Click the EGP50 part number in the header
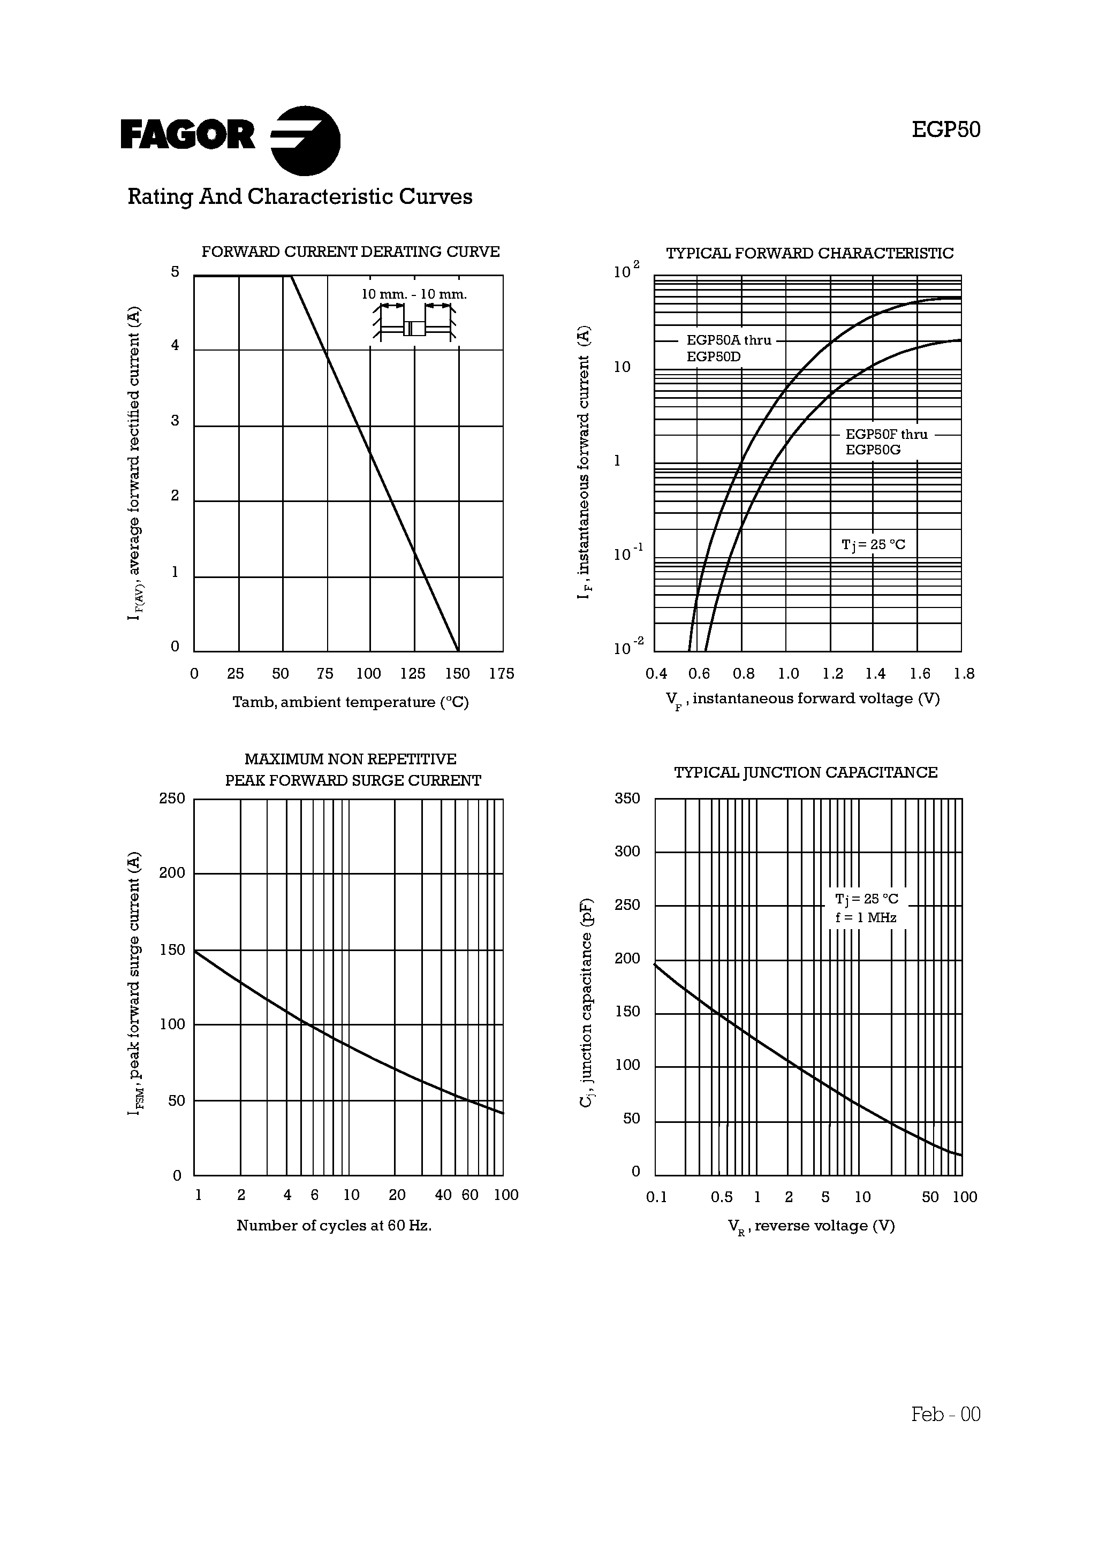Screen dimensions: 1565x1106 coord(946,130)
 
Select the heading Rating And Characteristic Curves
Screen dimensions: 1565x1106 coord(300,197)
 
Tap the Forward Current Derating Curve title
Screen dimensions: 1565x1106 coord(351,252)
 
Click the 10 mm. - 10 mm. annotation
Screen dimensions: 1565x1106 coord(414,294)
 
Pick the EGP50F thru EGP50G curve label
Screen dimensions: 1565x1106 coord(887,442)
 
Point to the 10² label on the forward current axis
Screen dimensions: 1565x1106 coord(626,271)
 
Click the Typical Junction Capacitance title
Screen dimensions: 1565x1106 coord(806,772)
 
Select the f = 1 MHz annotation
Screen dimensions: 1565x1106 coord(866,917)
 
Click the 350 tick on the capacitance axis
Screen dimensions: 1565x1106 coord(627,798)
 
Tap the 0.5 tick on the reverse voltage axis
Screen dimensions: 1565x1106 coord(722,1197)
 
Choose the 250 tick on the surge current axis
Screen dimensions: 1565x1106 coord(172,798)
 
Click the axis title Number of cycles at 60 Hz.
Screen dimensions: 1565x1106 coord(334,1226)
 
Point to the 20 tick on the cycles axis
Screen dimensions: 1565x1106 coord(397,1195)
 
